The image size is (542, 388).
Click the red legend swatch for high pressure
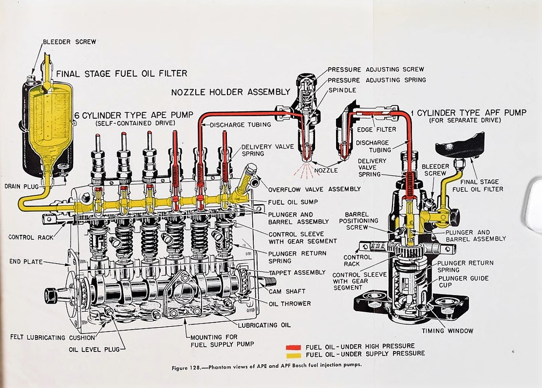pyautogui.click(x=293, y=346)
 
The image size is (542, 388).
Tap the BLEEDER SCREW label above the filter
pyautogui.click(x=69, y=42)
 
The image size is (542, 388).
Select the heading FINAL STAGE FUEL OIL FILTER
pyautogui.click(x=122, y=74)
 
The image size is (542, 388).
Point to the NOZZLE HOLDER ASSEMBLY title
pyautogui.click(x=223, y=92)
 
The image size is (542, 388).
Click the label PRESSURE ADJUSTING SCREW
pyautogui.click(x=376, y=69)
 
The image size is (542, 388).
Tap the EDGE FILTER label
pyautogui.click(x=376, y=130)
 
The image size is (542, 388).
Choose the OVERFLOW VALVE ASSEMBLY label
pyautogui.click(x=315, y=189)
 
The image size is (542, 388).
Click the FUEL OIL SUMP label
pyautogui.click(x=293, y=202)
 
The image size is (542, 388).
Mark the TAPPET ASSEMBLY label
pyautogui.click(x=297, y=272)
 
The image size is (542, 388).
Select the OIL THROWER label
pyautogui.click(x=290, y=304)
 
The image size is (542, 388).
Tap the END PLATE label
pyautogui.click(x=26, y=262)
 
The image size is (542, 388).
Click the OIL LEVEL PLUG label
pyautogui.click(x=94, y=348)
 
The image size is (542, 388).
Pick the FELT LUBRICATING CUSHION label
pyautogui.click(x=53, y=337)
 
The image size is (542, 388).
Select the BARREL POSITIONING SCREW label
pyautogui.click(x=361, y=220)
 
